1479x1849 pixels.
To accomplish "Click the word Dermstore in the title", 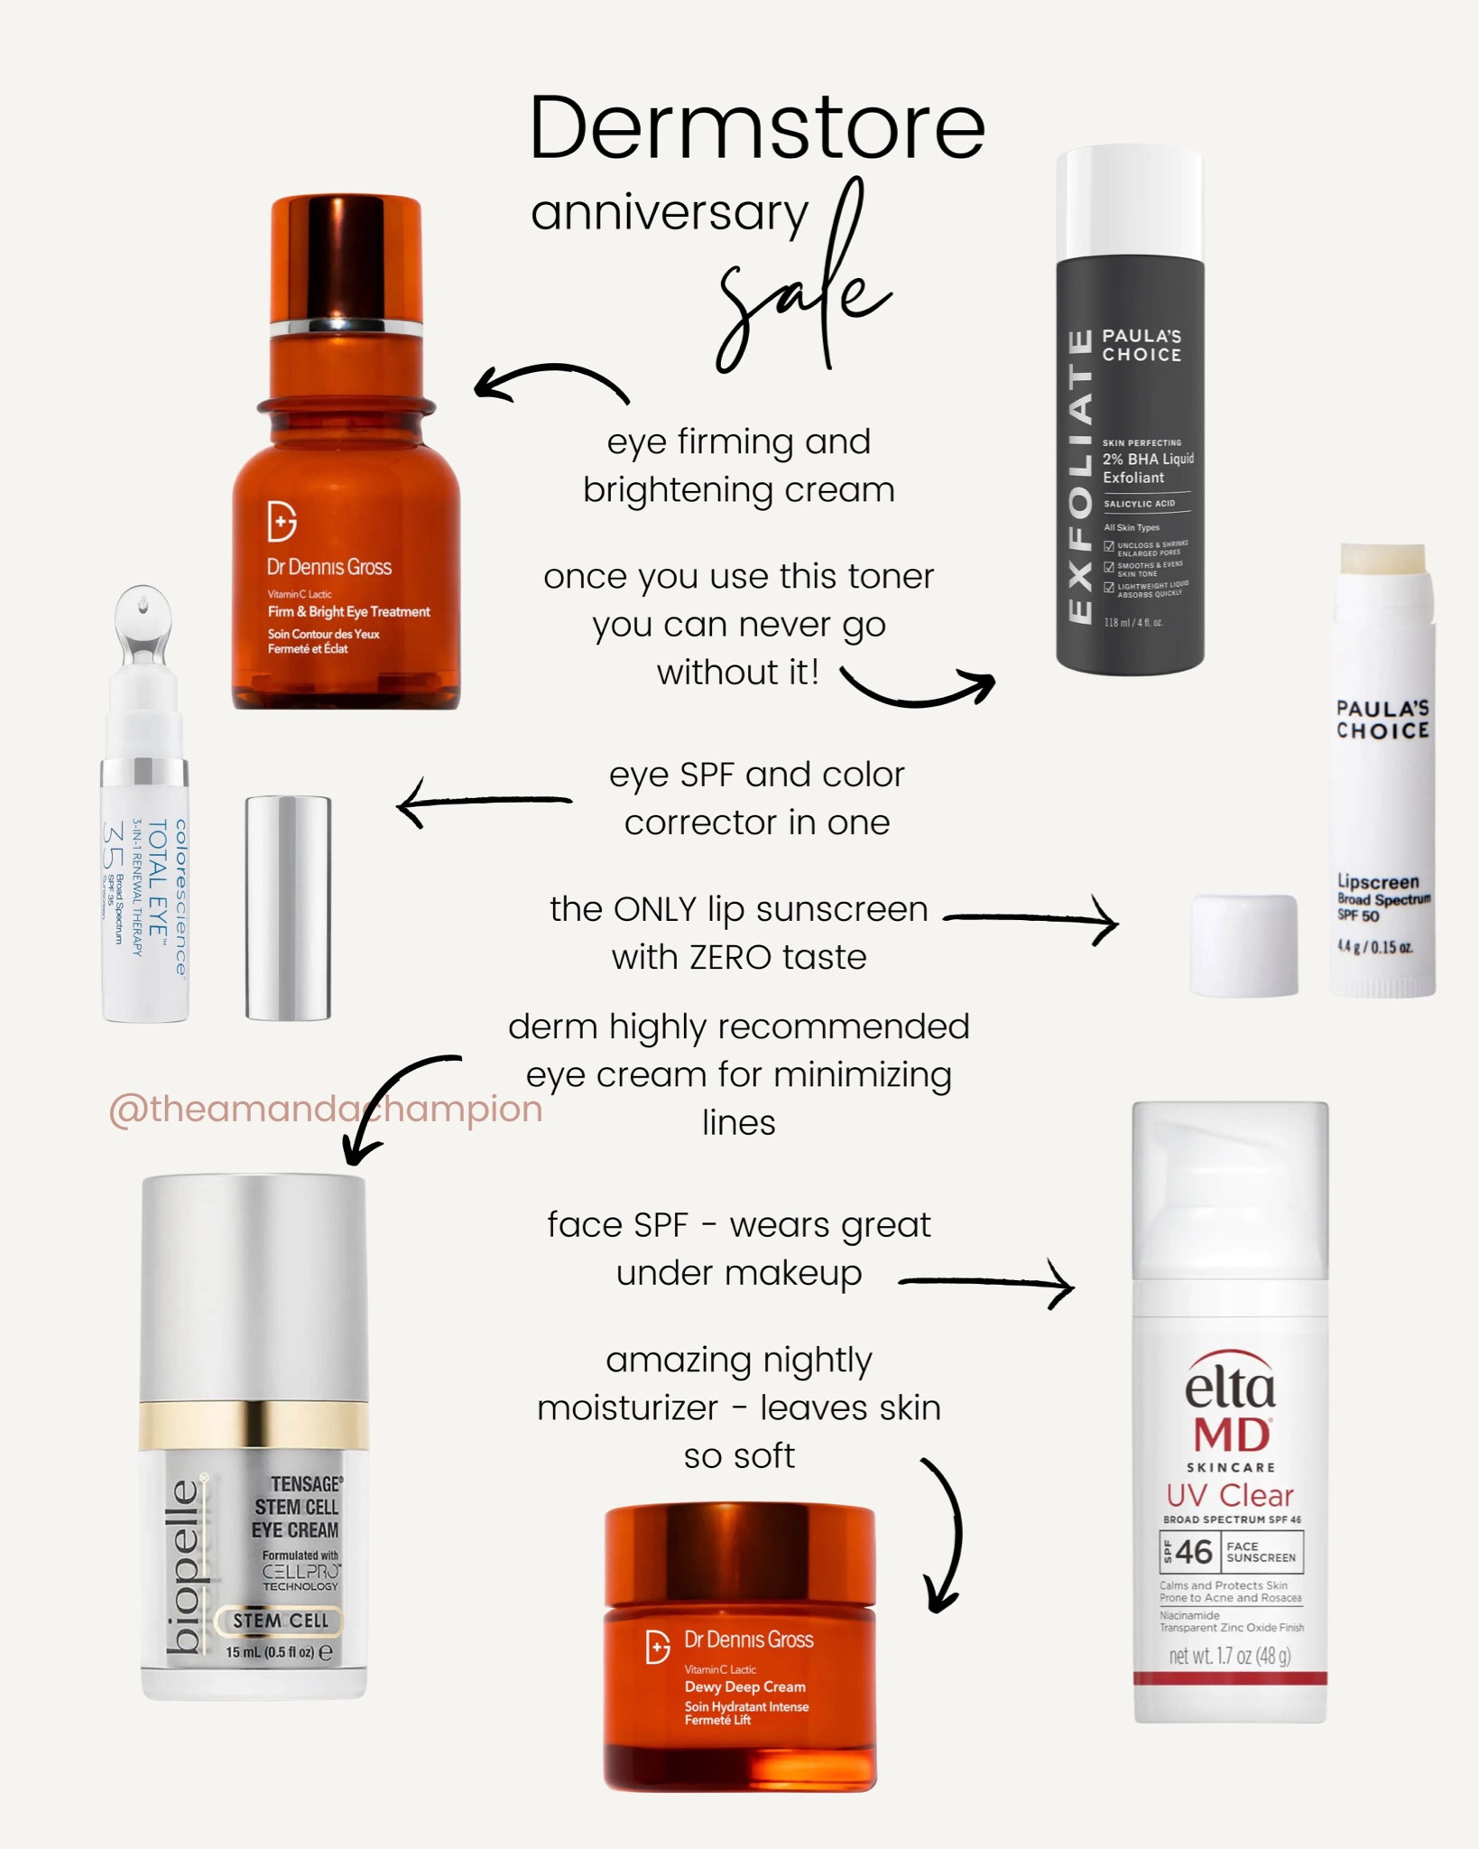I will (756, 129).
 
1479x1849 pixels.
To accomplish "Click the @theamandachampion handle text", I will (325, 1109).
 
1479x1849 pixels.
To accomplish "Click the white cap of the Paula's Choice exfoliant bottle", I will (1129, 203).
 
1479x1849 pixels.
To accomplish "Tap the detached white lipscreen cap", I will (1243, 945).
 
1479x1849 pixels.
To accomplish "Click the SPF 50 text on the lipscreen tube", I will (1358, 915).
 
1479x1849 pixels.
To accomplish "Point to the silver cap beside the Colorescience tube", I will (288, 907).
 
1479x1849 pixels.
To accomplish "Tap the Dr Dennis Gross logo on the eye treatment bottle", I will (282, 521).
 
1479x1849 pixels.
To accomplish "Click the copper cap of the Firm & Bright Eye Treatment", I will (347, 257).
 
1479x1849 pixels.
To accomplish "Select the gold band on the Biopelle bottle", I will (254, 1426).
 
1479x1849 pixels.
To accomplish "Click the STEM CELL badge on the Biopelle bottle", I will (280, 1621).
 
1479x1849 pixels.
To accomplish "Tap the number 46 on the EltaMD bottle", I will (1193, 1552).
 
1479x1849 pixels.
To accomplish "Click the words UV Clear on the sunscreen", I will (1229, 1495).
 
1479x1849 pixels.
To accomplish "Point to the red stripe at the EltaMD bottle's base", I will (1230, 1678).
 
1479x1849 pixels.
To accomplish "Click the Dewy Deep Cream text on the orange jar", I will (744, 1686).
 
